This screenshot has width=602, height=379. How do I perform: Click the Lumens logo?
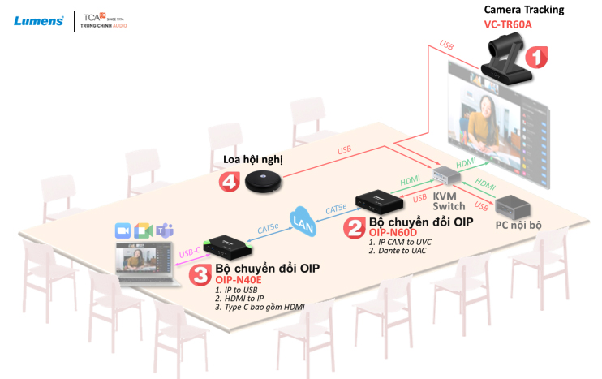(38, 20)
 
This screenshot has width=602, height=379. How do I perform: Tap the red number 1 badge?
(535, 57)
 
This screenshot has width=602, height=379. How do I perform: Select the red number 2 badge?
(354, 228)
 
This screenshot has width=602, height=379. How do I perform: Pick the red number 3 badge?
(200, 274)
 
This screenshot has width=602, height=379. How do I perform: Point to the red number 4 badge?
(230, 183)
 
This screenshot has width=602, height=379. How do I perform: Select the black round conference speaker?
(264, 179)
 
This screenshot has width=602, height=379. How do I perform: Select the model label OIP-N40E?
(241, 279)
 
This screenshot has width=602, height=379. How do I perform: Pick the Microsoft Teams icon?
(165, 230)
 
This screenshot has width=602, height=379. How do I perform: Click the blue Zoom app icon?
(123, 230)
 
